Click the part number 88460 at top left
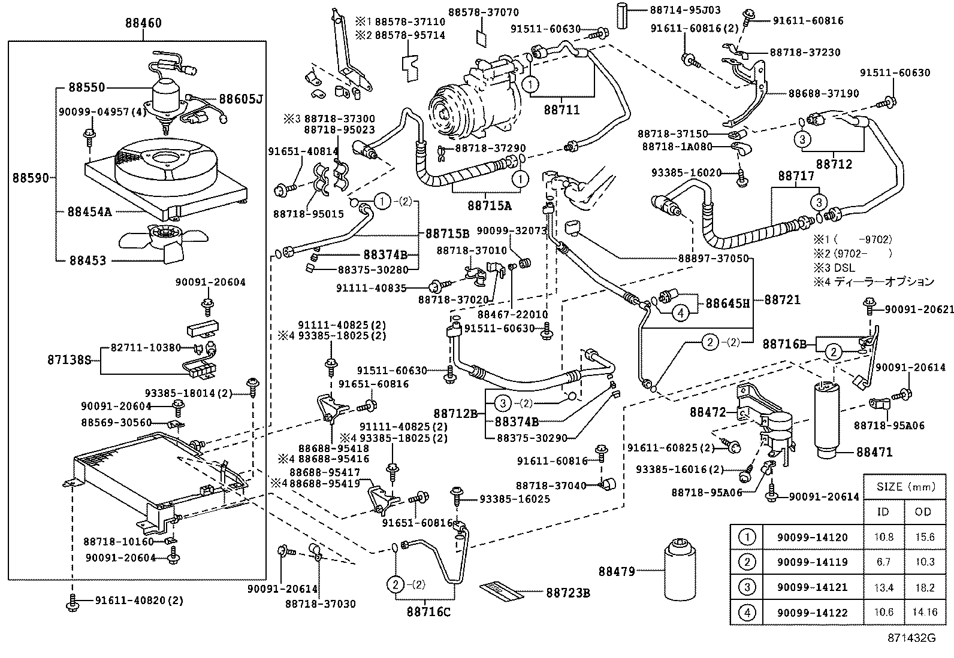(143, 23)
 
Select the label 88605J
(240, 99)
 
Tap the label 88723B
(568, 593)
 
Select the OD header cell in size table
(923, 511)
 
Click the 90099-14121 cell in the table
(812, 587)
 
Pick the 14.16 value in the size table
(923, 612)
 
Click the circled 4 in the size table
(746, 612)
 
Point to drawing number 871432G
(911, 638)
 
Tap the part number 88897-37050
(713, 258)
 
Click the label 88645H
(727, 303)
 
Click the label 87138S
(70, 360)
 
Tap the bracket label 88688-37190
(823, 93)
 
